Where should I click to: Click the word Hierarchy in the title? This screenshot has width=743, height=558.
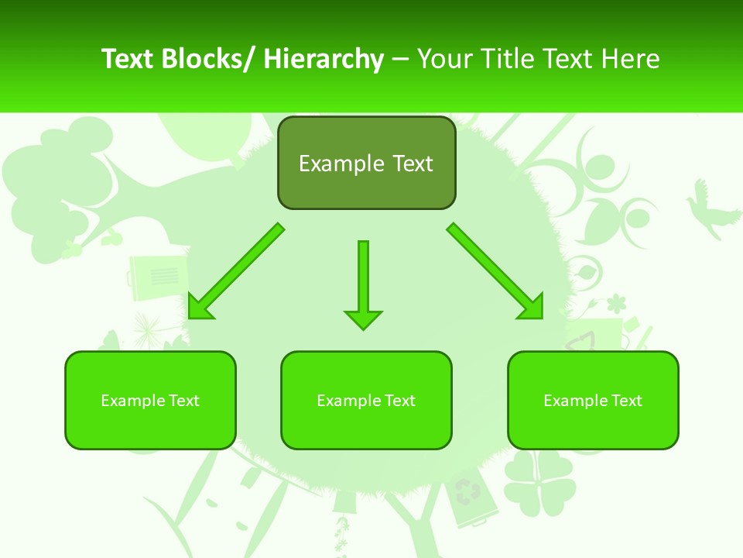coord(324,59)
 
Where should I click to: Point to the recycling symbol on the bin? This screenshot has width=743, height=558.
coord(467,491)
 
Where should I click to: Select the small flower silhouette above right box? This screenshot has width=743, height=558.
coord(616,301)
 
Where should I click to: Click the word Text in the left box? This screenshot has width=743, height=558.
coord(184,401)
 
